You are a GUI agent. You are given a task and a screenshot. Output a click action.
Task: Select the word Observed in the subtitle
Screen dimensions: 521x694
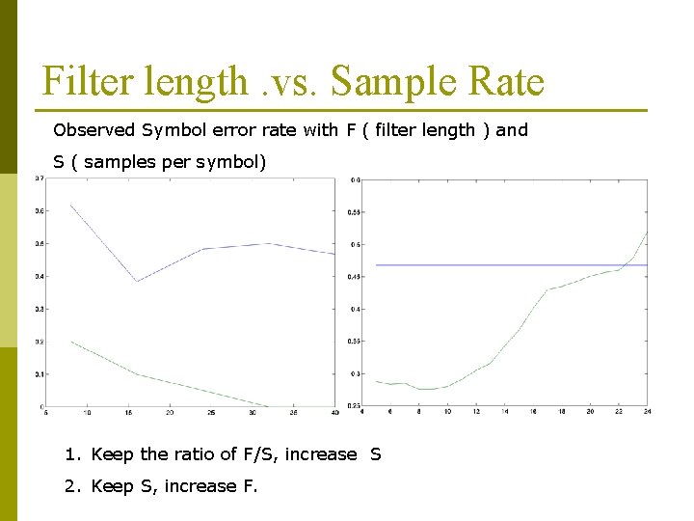[94, 130]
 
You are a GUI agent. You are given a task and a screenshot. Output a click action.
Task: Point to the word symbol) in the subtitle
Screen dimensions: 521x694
[230, 162]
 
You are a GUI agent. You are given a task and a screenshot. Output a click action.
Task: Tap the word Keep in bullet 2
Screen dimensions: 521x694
[112, 486]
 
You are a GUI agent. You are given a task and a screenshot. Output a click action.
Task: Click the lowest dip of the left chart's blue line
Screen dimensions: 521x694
[137, 281]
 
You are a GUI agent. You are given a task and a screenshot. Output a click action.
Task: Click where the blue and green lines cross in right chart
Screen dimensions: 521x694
[627, 264]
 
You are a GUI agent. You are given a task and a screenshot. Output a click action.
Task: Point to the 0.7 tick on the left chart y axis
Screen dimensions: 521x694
[39, 178]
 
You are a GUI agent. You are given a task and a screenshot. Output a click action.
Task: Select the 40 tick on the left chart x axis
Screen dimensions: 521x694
[334, 413]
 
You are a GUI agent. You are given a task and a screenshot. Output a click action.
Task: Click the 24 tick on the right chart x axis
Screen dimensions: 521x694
[646, 412]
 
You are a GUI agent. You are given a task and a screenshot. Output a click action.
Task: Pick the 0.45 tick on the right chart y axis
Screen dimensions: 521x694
[355, 277]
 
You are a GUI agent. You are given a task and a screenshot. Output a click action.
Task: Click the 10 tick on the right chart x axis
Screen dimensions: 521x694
[447, 412]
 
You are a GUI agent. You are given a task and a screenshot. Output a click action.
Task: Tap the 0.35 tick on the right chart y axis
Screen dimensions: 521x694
[355, 342]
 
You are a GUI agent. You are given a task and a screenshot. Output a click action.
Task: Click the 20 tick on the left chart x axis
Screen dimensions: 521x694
[170, 413]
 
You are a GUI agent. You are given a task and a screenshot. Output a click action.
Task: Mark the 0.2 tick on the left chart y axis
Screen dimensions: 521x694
[39, 342]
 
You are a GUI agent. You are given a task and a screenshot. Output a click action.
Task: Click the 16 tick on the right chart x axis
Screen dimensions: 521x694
[533, 412]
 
